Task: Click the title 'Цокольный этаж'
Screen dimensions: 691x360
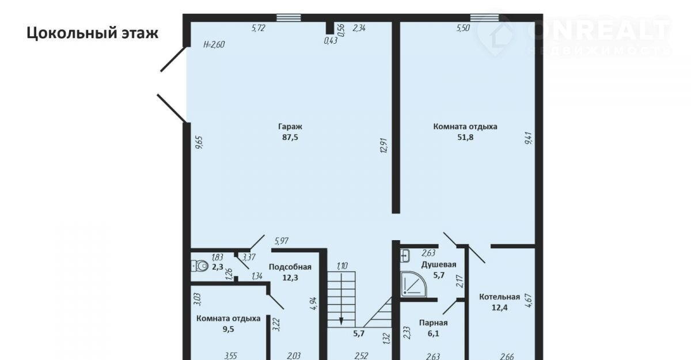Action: tap(93, 33)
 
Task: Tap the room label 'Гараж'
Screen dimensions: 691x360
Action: tap(290, 127)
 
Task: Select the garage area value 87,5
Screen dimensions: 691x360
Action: tap(290, 137)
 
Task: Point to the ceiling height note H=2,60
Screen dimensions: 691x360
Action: tap(214, 44)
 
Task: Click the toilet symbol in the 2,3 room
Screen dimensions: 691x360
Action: tap(199, 266)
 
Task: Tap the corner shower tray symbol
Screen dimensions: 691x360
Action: tap(413, 284)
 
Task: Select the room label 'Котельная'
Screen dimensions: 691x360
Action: tap(499, 297)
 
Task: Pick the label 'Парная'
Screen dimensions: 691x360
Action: tap(433, 323)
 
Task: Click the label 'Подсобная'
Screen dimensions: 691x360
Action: tap(290, 267)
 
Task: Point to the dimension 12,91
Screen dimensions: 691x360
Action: tap(384, 145)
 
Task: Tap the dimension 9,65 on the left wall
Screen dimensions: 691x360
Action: tap(199, 143)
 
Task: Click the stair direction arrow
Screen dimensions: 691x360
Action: tap(341, 299)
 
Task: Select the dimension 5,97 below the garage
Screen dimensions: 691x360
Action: tap(282, 241)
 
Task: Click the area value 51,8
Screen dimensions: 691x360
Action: tap(465, 137)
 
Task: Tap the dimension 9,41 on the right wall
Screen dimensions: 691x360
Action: tap(528, 138)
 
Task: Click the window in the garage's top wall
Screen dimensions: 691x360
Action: tap(288, 18)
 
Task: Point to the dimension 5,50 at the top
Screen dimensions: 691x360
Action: tap(463, 28)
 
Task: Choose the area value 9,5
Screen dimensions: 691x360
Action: tap(228, 329)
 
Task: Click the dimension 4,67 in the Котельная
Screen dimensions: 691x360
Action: tap(528, 300)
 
